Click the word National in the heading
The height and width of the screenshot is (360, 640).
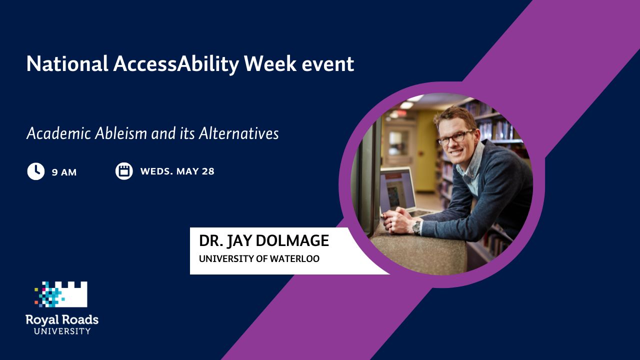pyautogui.click(x=67, y=63)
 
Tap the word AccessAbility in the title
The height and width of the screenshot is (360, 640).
pyautogui.click(x=175, y=64)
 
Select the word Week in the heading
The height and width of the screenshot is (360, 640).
pyautogui.click(x=270, y=63)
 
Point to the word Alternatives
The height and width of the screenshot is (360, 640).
pyautogui.click(x=238, y=133)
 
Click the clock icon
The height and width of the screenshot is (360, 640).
pyautogui.click(x=35, y=171)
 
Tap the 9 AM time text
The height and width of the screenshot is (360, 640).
pyautogui.click(x=64, y=172)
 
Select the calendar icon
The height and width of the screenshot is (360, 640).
pyautogui.click(x=124, y=171)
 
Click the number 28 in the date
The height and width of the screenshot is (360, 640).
pyautogui.click(x=208, y=171)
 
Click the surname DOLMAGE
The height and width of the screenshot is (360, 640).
pyautogui.click(x=292, y=240)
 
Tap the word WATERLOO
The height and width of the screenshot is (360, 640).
pyautogui.click(x=294, y=258)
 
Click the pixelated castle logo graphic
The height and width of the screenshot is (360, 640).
pyautogui.click(x=61, y=294)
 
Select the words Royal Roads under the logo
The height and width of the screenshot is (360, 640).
pyautogui.click(x=62, y=320)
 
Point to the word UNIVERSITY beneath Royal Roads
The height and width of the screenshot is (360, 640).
pyautogui.click(x=62, y=331)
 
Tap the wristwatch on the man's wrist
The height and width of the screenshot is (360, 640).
pyautogui.click(x=417, y=227)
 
